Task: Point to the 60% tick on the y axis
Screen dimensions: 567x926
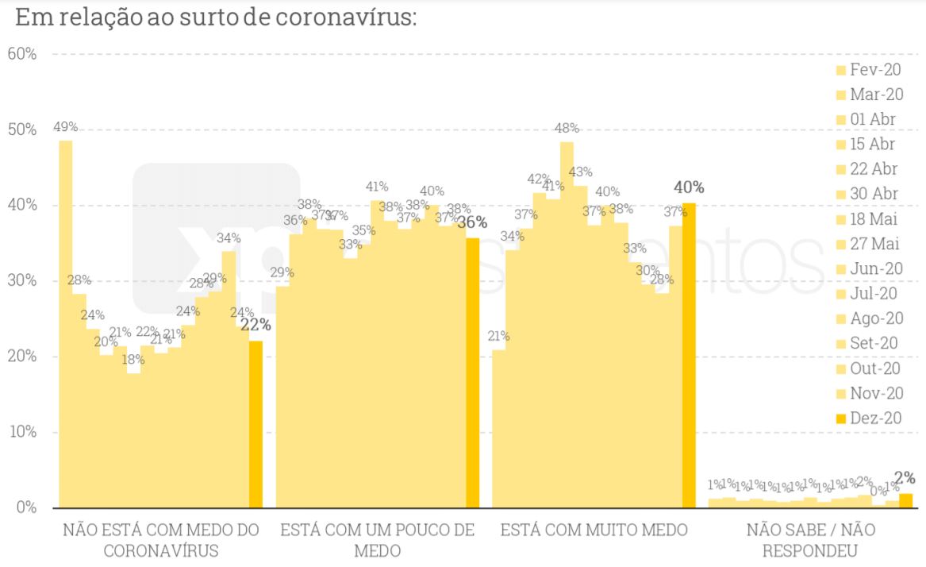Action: [x=21, y=54]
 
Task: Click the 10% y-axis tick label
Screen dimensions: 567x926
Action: [x=21, y=432]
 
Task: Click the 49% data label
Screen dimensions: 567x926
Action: [x=66, y=127]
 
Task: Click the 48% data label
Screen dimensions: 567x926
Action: [x=567, y=128]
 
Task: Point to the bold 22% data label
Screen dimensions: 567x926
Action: [x=256, y=325]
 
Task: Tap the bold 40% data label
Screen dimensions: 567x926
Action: [x=689, y=187]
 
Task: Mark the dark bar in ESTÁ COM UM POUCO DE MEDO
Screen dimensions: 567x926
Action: [x=472, y=373]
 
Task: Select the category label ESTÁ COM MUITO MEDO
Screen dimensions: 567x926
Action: [x=594, y=530]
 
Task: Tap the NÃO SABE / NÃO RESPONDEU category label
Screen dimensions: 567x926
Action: [x=809, y=539]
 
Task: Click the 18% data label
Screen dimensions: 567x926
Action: [x=133, y=359]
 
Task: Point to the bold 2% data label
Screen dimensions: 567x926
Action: [x=905, y=478]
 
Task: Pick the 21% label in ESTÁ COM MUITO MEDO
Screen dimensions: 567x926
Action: [x=498, y=336]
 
